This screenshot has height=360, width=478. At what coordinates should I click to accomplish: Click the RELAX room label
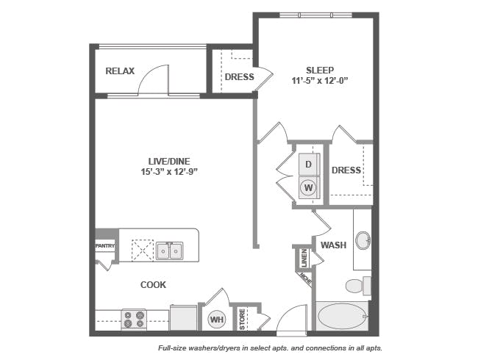coord(120,71)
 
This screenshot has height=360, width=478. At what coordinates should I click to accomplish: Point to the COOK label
coord(153,284)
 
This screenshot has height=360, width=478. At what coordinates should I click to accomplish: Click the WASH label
coord(332,245)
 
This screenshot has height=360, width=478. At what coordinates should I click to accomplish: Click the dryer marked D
coord(309,164)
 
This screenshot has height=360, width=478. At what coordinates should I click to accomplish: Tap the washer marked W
coord(309,187)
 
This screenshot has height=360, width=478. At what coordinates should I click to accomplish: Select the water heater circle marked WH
coord(217,319)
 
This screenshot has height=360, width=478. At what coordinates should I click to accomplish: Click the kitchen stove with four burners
coord(134,319)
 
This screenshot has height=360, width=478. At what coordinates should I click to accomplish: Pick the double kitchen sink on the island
coord(168,251)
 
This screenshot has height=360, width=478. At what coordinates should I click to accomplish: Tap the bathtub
coord(343,317)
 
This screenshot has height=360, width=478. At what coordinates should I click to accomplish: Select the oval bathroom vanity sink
coord(362,241)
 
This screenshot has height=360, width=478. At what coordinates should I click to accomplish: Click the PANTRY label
coord(105,246)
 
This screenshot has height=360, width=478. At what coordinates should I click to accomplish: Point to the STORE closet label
coord(242,318)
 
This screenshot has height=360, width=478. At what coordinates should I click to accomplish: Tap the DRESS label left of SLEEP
coord(239,77)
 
